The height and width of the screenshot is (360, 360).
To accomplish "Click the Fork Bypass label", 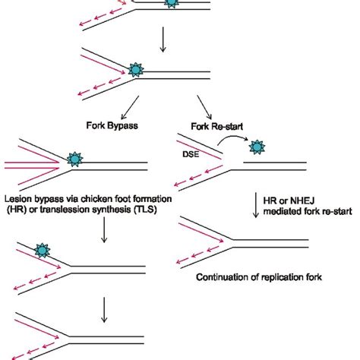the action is click(112, 125).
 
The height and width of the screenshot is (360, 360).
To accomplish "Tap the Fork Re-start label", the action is click(217, 126).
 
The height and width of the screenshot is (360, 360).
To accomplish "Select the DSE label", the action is click(191, 154).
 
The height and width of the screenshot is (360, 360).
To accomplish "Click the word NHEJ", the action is click(302, 201).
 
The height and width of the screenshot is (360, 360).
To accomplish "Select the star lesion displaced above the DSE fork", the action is click(257, 147).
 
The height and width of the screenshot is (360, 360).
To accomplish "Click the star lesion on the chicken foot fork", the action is click(74, 159).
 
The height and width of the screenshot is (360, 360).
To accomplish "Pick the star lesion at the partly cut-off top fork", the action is click(172, 2).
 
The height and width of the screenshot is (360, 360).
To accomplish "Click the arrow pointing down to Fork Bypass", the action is click(130, 107).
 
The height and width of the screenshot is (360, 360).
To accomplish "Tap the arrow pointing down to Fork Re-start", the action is click(204, 107).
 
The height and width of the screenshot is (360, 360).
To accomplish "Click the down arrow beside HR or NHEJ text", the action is click(256, 205).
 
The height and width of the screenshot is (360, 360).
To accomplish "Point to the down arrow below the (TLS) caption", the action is click(104, 230).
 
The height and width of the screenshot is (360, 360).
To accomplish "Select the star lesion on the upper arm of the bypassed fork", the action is click(43, 251).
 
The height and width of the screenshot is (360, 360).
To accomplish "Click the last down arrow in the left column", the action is click(104, 310).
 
